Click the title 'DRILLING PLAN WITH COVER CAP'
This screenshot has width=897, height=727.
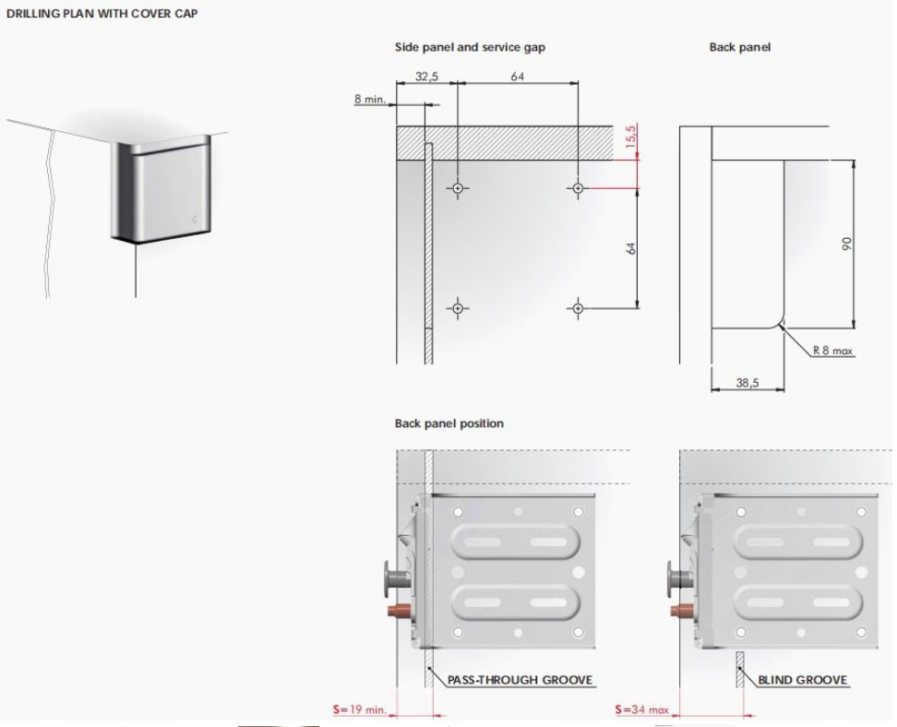coord(102,14)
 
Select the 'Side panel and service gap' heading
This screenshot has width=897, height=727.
coord(470,47)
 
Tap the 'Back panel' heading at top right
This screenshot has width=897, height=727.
coord(740,47)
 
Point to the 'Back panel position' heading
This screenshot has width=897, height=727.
coord(449,423)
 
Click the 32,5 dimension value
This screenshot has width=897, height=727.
coord(426,76)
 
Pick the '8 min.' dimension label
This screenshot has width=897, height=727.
coord(369,99)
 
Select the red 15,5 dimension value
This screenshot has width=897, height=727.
coord(630,137)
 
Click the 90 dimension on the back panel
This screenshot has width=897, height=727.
coord(846,244)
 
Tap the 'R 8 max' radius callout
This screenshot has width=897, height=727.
coord(833,350)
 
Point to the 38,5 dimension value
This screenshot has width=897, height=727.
coord(747,383)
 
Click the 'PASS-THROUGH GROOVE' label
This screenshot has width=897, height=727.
coord(520,680)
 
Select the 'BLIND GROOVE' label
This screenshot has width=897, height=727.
coord(802,680)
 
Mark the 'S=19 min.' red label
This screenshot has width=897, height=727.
coord(360,709)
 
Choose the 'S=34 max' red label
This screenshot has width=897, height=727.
coord(642,709)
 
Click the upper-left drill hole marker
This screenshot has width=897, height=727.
coord(458,188)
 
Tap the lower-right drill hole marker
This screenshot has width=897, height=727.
coord(578,308)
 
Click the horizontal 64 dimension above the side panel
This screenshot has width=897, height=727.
coord(517,76)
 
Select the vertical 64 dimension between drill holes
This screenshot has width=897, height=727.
coord(630,248)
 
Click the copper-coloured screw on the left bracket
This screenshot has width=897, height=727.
coord(399,611)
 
